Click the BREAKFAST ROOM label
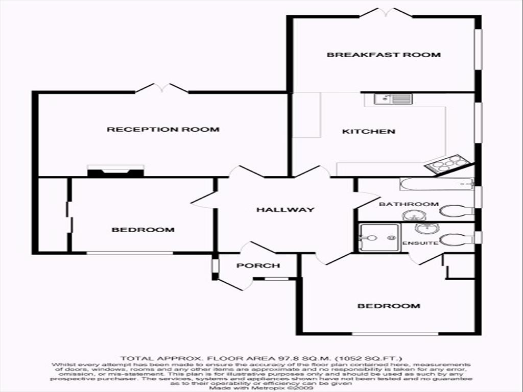coord(384,55)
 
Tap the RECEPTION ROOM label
coord(163,129)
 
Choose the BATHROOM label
coord(409,204)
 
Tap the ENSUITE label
coord(420,243)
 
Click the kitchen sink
coord(393,99)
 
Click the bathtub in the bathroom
coord(437,184)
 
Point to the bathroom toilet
coord(458,210)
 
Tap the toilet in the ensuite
coord(456,238)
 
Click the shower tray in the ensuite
coord(379,237)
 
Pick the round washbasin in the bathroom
coord(415,215)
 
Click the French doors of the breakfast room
coord(386,13)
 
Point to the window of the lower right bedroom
coord(395,334)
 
